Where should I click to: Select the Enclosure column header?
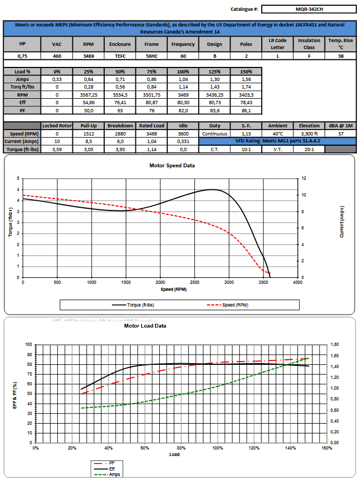click(119, 44)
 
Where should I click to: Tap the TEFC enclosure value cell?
click(119, 56)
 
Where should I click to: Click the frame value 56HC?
click(151, 56)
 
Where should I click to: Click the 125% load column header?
click(214, 72)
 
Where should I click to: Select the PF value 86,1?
click(246, 110)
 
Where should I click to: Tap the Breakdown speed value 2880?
click(119, 133)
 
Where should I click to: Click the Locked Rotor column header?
click(57, 126)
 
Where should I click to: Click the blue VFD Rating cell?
click(277, 141)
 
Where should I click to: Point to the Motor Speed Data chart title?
click(172, 165)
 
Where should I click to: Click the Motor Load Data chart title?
click(145, 326)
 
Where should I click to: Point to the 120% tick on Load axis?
click(253, 448)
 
